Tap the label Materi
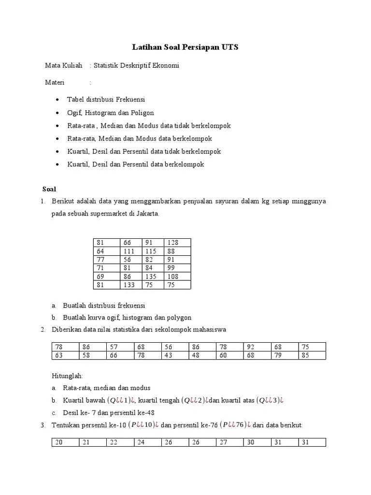(55, 82)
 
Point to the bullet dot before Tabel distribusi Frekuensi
(57, 100)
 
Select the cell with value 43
(169, 355)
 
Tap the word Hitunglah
(67, 375)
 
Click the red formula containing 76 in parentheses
(234, 425)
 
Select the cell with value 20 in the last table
(60, 442)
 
